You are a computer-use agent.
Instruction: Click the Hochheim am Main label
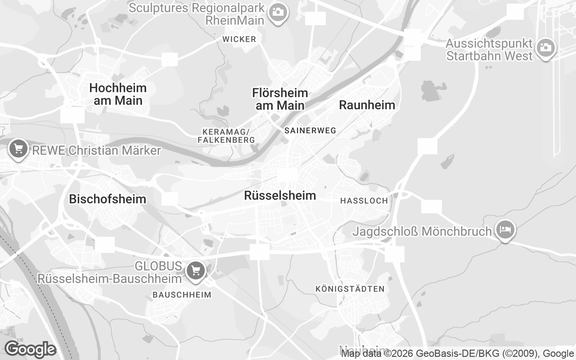118,94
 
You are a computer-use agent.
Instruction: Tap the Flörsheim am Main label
280,99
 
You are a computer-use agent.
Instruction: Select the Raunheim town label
367,105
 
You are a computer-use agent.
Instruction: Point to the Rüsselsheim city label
280,196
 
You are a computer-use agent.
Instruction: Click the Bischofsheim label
108,199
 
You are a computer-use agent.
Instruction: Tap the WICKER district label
239,40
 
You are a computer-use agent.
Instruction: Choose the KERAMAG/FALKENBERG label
226,136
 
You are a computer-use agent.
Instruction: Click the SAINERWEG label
310,130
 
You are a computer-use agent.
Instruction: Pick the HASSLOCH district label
364,201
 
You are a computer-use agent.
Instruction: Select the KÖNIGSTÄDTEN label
350,289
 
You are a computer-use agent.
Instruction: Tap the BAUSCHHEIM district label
182,295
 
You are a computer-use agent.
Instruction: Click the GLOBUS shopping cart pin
196,270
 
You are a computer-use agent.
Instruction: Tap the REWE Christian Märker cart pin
18,148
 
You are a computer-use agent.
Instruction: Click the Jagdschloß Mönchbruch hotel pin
505,229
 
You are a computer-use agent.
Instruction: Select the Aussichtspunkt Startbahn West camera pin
545,47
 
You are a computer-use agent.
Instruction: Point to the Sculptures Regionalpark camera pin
278,12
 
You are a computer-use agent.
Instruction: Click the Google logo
30,349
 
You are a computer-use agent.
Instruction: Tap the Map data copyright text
457,354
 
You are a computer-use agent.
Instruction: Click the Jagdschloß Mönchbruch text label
422,232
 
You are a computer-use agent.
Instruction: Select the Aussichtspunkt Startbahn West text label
489,50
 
